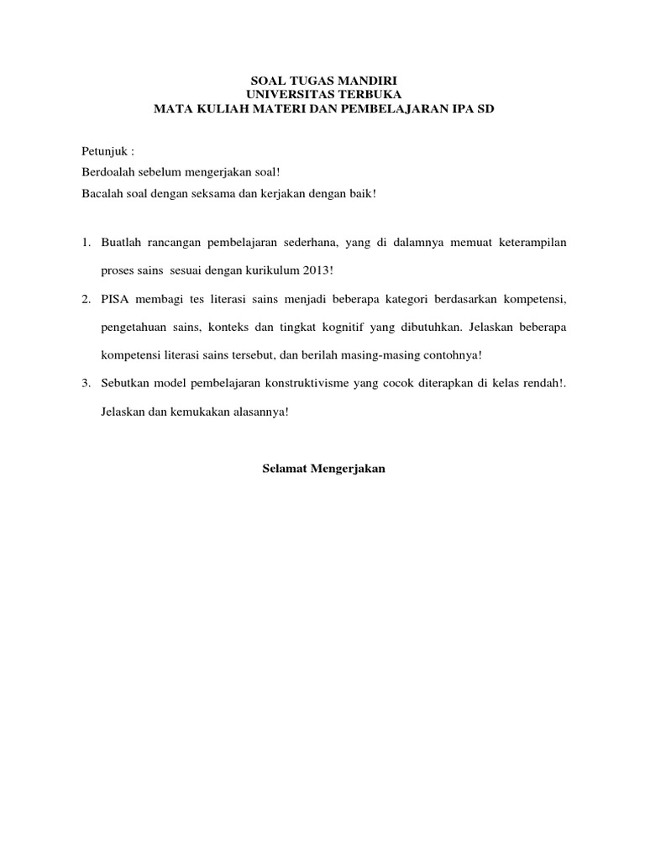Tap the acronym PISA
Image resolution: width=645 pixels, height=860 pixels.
point(114,300)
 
